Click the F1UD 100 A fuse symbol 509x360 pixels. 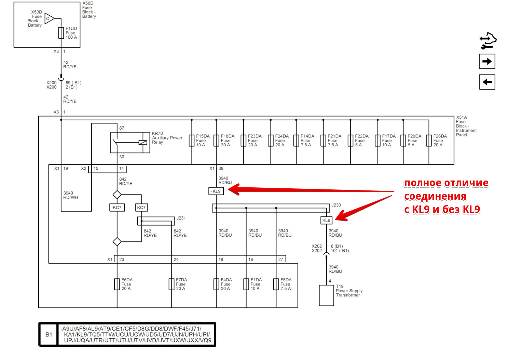(x=61, y=33)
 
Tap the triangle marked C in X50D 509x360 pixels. (x=49, y=18)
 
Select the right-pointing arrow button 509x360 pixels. (x=487, y=61)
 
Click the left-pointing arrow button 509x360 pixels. (x=487, y=82)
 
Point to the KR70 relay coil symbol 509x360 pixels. (x=143, y=143)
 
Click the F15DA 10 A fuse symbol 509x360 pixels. (x=192, y=140)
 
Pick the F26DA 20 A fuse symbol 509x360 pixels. (x=429, y=140)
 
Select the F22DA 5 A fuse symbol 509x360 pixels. (x=350, y=140)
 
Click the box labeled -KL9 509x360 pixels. (x=216, y=191)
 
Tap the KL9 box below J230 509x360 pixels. (x=326, y=220)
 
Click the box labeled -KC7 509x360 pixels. (x=117, y=208)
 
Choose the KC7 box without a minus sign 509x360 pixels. (x=141, y=208)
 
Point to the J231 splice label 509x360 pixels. (x=181, y=218)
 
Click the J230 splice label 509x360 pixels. (x=336, y=205)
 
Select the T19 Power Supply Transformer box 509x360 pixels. (x=326, y=295)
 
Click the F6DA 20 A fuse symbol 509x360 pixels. (x=117, y=284)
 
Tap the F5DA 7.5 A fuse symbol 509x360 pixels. (x=276, y=284)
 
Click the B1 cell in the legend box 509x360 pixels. (x=49, y=334)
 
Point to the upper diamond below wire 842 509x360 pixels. (x=117, y=195)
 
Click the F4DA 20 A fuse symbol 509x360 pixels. (x=216, y=284)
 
